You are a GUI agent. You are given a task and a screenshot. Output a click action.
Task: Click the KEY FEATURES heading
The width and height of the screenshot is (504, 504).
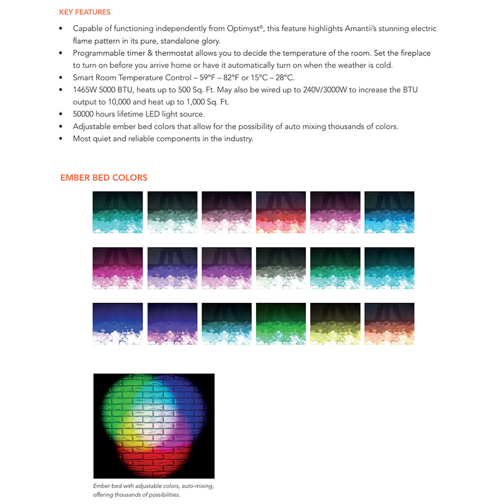tap(85, 12)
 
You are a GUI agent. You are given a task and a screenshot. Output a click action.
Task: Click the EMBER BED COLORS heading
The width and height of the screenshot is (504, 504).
tap(103, 177)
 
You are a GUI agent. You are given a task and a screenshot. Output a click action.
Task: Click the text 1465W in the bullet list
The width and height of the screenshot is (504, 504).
tap(85, 90)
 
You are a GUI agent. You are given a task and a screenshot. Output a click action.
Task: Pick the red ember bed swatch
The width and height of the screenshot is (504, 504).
tap(281, 212)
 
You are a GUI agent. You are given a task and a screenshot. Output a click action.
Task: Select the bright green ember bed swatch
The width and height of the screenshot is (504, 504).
tap(281, 324)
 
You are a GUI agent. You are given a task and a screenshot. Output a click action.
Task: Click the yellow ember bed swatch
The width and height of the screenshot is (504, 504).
tap(335, 324)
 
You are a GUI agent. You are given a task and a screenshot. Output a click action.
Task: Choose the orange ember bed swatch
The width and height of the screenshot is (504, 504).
tap(389, 324)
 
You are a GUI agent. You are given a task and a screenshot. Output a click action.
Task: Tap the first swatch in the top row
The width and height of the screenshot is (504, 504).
tap(117, 212)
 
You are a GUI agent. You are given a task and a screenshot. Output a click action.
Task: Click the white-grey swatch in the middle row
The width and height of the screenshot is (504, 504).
tap(281, 268)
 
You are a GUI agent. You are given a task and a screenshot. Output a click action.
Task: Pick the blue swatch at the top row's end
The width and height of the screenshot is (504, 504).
tap(389, 212)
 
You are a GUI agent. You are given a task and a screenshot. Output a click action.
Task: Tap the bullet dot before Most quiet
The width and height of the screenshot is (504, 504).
tap(61, 139)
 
